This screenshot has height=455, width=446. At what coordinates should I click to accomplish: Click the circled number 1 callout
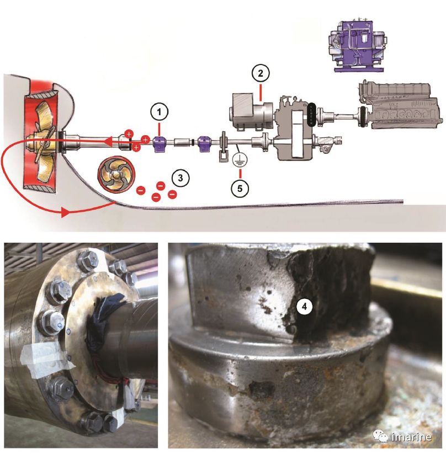click(159, 112)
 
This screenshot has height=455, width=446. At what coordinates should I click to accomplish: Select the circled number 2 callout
click(261, 73)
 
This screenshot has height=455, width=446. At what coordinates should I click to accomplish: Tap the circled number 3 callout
click(180, 178)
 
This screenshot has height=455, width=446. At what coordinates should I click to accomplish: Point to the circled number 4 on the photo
click(304, 307)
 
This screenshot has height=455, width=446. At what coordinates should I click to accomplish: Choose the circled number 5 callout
click(240, 189)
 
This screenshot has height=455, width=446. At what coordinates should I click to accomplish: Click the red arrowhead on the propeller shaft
click(109, 142)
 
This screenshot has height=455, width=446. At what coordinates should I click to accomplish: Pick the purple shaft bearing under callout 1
click(159, 144)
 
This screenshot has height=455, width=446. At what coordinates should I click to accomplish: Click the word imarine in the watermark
click(411, 437)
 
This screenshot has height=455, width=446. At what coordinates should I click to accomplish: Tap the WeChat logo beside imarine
click(380, 436)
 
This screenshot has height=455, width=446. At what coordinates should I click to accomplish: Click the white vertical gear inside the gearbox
click(298, 134)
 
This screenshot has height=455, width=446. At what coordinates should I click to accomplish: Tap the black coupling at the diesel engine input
click(362, 117)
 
